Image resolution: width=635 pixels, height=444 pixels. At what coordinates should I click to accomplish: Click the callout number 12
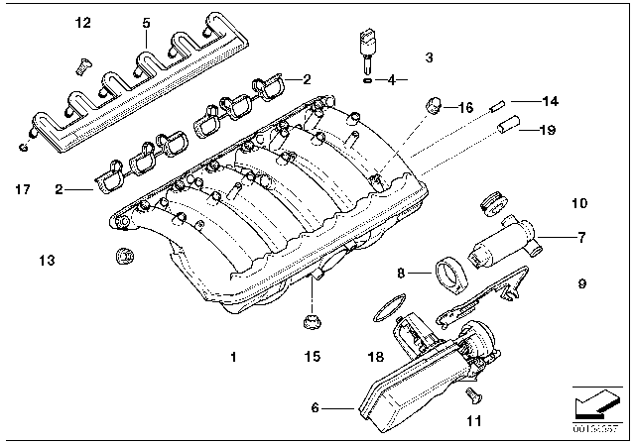(x=82, y=22)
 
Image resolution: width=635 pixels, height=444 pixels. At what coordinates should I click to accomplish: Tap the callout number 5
(x=146, y=22)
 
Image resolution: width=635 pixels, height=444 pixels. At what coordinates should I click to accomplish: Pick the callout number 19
(x=546, y=129)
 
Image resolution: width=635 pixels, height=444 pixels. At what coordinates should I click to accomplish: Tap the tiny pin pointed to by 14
(x=499, y=101)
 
